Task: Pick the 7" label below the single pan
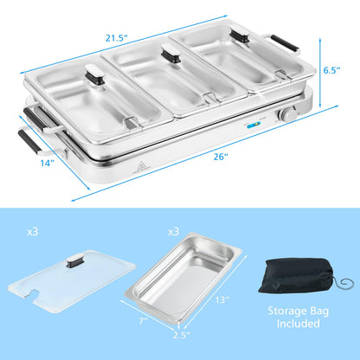[x=144, y=322]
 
